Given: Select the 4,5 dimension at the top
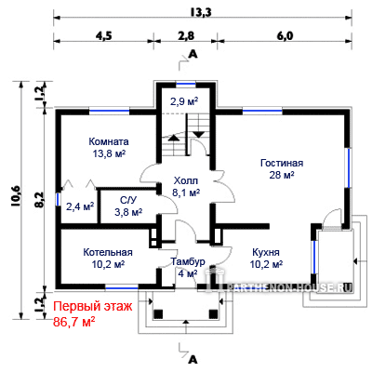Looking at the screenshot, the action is (x=103, y=36).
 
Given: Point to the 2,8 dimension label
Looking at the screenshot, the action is (x=186, y=36).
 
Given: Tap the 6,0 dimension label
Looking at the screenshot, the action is (x=285, y=36).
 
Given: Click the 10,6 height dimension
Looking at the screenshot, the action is (x=17, y=195).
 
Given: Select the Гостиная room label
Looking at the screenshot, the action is (x=282, y=163).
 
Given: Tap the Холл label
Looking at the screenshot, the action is (x=186, y=180).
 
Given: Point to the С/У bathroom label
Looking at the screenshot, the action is (x=128, y=200).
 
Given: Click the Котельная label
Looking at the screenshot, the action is (x=108, y=252).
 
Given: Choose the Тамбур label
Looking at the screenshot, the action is (x=188, y=261).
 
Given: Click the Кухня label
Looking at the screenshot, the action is (x=266, y=252).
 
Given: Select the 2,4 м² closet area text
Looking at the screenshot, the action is (x=80, y=206).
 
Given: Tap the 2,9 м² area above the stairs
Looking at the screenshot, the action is (x=184, y=101).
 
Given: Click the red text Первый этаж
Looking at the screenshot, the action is (x=93, y=307).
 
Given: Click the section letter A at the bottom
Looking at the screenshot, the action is (x=193, y=360).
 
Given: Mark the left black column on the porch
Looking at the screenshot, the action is (x=158, y=314).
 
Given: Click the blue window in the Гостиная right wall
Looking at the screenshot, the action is (x=349, y=168).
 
